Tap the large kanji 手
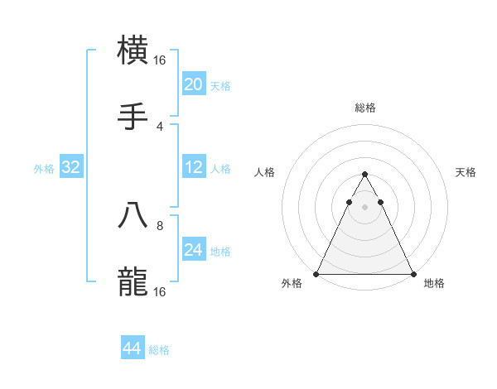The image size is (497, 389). tap(133, 115)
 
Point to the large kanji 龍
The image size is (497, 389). tap(133, 281)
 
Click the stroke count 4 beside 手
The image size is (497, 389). tap(160, 126)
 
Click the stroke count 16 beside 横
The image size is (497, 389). tap(160, 60)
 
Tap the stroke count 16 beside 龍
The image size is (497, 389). tap(160, 292)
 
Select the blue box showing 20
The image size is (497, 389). tap(193, 84)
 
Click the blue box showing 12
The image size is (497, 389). tap(193, 167)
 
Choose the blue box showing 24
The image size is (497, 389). tap(193, 250)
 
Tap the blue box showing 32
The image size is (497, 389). tap(71, 167)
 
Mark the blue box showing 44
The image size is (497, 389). tap(133, 348)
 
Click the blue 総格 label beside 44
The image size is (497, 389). tap(159, 350)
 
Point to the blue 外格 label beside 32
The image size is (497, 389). tap(44, 169)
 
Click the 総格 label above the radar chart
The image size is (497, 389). tap(364, 108)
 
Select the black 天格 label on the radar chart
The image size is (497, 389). tap(466, 172)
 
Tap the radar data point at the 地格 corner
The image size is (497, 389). tap(413, 273)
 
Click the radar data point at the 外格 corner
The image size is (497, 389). tap(316, 273)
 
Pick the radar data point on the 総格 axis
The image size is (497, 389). tap(364, 175)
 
